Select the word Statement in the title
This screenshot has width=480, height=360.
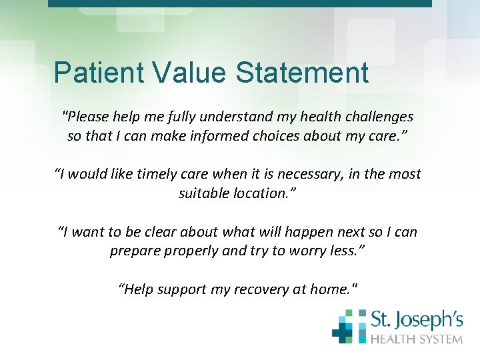tap(302, 73)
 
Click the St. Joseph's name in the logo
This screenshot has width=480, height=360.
tap(416, 321)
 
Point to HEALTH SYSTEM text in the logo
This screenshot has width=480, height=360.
tap(416, 339)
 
